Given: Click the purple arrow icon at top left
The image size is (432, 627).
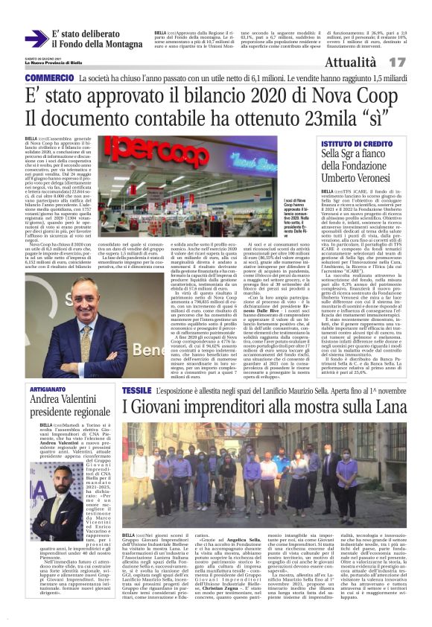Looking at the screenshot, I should (36, 39).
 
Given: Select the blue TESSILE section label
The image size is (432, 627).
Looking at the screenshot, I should (136, 390).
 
